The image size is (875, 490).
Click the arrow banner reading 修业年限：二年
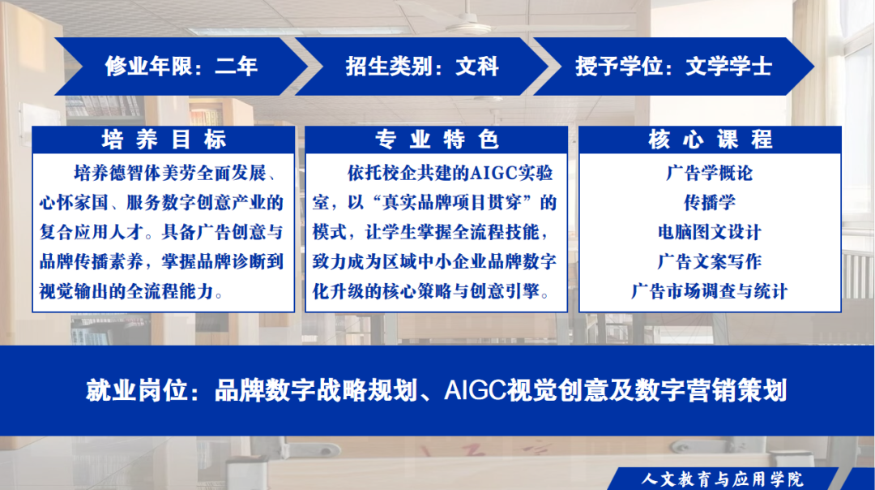point(181,67)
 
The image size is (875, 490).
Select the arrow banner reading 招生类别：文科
point(421,67)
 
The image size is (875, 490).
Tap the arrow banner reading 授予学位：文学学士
point(673,67)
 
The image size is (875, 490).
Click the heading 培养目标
point(164,140)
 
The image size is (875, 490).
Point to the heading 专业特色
point(437,140)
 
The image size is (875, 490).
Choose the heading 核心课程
point(710,140)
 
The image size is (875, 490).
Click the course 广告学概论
point(710,174)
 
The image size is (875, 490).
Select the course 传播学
point(710,202)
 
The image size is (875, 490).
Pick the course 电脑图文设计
point(710,232)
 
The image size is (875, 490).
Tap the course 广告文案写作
point(710,261)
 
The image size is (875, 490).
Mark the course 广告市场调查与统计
point(710,291)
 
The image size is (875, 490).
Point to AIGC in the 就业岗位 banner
point(475,390)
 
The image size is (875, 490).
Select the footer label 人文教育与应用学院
point(722,479)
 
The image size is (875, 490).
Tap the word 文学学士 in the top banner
point(729,67)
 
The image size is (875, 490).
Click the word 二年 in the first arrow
point(236,67)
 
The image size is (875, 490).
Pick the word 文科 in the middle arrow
point(477,67)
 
